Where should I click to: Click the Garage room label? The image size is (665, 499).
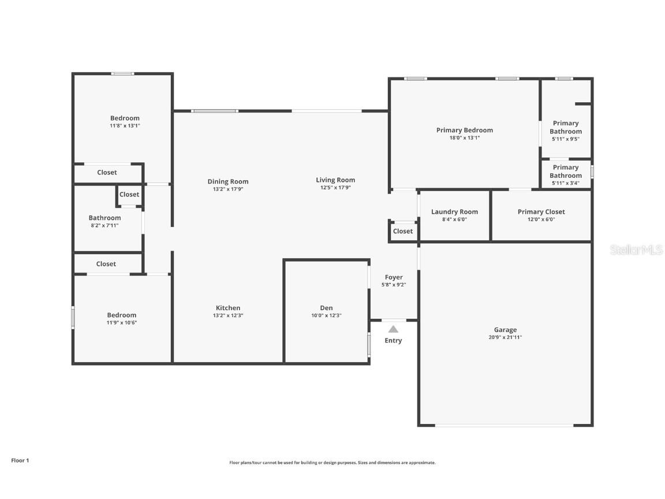point(505,330)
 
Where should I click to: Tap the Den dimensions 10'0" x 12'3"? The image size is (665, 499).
point(326,315)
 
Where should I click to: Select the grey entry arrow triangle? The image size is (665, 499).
point(393,329)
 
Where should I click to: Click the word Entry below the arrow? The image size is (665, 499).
point(393,341)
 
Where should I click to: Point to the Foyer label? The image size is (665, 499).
point(393,277)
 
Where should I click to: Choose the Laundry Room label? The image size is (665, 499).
point(454,212)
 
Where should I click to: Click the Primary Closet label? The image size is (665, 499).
point(541,212)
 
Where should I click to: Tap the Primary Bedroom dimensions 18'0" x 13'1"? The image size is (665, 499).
point(464,138)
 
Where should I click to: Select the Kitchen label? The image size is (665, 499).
point(228,308)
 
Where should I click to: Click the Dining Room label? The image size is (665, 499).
point(228,181)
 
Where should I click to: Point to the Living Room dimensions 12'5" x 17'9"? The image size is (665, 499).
point(335,188)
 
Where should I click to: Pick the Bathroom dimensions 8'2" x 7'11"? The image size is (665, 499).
point(104,226)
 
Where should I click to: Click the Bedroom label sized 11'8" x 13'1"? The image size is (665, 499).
point(125,118)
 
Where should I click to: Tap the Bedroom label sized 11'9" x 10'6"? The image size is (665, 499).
point(121,315)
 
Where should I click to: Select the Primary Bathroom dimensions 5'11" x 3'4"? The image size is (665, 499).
point(565,183)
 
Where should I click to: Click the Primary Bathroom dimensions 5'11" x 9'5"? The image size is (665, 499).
point(565,139)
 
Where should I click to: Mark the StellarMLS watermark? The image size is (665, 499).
point(636,250)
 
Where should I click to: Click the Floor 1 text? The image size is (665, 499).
point(20,460)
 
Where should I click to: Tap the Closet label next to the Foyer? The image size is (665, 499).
point(402,231)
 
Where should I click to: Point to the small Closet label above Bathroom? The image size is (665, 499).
point(129,195)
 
